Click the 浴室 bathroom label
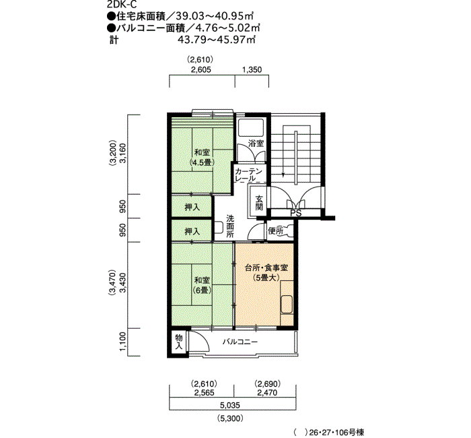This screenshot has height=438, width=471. tap(256, 144)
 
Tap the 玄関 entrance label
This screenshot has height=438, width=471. tap(259, 202)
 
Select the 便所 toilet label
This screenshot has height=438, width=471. tap(275, 231)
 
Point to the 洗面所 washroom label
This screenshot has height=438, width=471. tap(230, 226)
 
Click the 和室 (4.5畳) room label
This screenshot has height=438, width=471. tap(202, 157)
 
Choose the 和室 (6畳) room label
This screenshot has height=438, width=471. tap(202, 285)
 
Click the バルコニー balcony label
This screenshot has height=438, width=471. tap(240, 342)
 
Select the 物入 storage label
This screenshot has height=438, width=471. tap(179, 342)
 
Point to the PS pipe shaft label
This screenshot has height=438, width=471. tap(296, 213)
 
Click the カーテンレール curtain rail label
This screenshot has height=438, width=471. tap(249, 175)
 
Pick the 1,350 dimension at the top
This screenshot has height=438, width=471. tap(252, 70)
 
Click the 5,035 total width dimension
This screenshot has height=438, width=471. tap(230, 405)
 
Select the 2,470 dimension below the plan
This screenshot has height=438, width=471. tap(267, 393)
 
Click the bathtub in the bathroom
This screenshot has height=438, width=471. tap(251, 127)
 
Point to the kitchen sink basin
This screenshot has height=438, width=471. tap(287, 305)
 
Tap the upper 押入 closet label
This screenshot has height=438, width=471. tap(192, 208)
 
